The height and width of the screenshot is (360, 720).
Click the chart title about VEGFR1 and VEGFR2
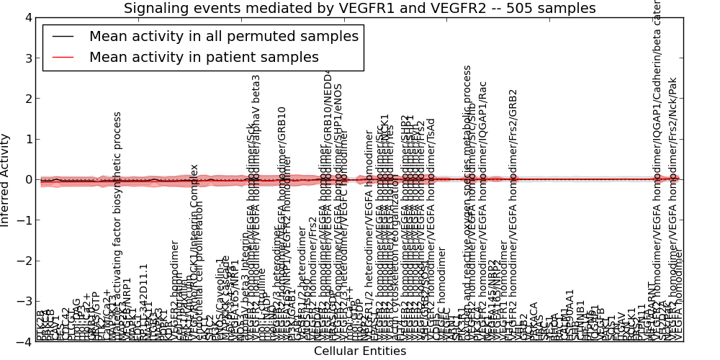359,9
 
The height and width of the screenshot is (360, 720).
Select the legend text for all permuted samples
223,36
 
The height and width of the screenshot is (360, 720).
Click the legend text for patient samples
204,57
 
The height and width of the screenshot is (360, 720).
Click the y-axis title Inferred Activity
6,179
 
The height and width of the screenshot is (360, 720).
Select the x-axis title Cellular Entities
359,351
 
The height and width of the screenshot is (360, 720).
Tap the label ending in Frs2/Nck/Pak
673,209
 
